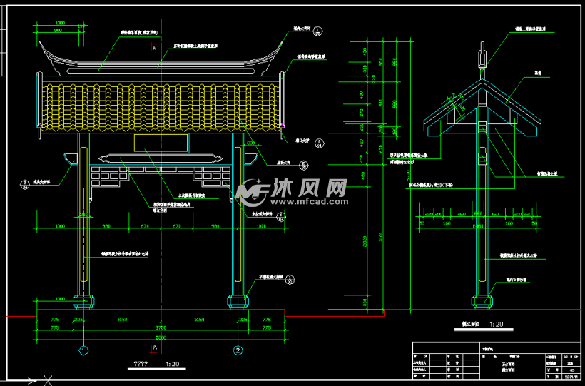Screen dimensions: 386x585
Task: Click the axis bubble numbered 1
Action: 83,350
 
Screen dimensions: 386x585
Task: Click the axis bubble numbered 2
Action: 237,350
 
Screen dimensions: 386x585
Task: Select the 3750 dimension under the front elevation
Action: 161,327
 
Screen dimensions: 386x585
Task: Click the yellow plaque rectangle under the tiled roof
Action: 160,143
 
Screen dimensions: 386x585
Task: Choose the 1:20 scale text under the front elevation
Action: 172,365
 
